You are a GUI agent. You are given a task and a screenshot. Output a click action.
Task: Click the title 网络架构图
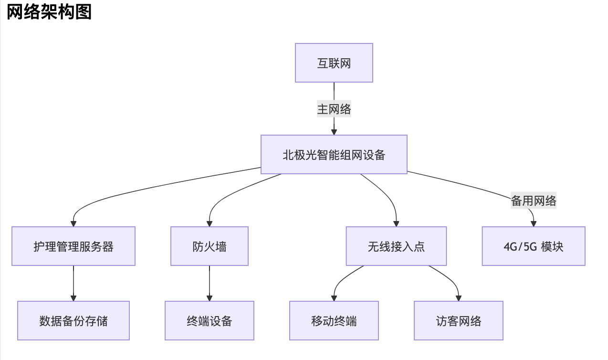pos(49,12)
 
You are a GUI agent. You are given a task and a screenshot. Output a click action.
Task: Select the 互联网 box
pos(334,63)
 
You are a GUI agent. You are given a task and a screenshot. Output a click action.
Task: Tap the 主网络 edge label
pos(334,109)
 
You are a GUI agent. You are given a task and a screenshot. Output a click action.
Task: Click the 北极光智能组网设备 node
pos(334,155)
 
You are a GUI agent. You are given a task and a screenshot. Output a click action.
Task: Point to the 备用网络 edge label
pos(533,201)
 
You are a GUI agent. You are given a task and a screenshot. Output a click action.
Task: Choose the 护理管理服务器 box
pos(73,246)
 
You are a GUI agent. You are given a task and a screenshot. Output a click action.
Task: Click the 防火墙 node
pos(210,246)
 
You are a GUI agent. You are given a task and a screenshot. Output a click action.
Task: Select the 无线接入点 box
pos(396,246)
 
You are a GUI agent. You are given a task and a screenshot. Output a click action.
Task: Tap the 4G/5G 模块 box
pos(533,246)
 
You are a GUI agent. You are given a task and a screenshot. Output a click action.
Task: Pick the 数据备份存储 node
pos(73,321)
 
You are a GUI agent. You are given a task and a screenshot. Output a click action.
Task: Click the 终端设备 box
pos(210,321)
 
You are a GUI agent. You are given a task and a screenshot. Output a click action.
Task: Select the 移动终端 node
pos(334,321)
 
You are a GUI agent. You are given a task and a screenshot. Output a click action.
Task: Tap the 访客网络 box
pos(458,321)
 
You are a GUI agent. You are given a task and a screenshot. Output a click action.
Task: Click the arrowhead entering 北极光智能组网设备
pos(334,132)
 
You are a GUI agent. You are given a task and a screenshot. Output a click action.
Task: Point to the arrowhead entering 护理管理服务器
pos(73,223)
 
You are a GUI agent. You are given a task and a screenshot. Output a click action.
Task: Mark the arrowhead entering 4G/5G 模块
pos(533,223)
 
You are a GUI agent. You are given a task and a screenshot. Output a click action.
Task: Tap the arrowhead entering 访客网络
pos(458,298)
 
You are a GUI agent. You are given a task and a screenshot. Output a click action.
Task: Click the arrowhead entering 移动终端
pos(334,298)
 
